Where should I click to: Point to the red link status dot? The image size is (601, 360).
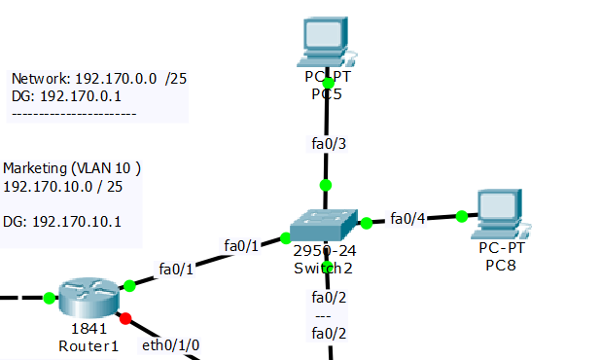124,317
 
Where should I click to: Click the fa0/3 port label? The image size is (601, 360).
328,145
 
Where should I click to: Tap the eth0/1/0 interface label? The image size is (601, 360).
172,344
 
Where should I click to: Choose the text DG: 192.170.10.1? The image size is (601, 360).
63,222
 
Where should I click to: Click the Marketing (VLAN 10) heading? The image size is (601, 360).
72,168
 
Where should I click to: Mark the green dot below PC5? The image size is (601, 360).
328,83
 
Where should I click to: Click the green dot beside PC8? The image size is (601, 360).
456,216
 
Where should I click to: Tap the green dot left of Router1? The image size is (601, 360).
49,298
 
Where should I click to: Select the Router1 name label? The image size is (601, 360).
88,345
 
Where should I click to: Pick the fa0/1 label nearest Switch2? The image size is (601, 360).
241,245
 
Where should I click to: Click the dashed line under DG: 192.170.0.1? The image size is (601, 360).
73,114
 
